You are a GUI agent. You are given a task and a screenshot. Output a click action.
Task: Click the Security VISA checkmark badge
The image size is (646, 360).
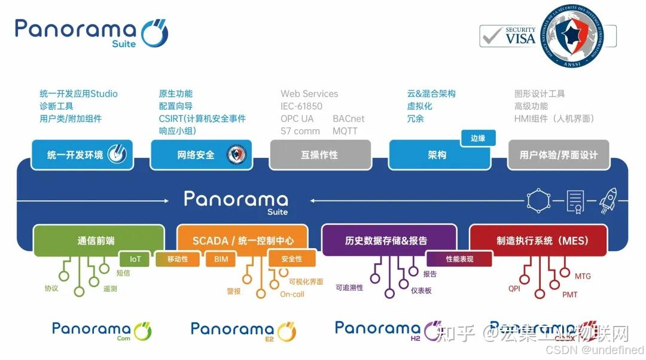509,36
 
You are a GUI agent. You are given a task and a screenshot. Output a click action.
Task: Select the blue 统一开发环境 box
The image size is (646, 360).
81,154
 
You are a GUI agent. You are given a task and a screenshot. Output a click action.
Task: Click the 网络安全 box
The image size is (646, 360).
201,154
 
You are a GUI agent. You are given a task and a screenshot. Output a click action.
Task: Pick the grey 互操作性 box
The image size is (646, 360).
320,154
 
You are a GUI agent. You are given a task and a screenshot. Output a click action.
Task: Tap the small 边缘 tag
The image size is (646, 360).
478,138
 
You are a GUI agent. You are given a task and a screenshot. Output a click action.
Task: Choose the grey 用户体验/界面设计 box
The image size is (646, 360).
558,154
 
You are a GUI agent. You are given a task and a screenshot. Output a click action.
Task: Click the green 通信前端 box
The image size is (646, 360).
98,240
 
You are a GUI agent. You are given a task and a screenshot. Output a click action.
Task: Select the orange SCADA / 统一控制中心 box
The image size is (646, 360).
242,240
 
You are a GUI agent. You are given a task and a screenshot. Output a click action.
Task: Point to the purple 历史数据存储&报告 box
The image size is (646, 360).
389,240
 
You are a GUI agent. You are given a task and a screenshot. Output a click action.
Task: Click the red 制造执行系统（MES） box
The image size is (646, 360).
538,240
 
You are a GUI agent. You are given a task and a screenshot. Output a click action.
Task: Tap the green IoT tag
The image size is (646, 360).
135,260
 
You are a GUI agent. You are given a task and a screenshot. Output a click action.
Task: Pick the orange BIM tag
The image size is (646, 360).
221,260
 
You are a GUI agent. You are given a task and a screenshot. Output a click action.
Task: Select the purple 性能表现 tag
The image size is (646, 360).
459,259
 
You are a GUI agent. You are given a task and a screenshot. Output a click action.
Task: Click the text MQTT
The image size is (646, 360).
345,131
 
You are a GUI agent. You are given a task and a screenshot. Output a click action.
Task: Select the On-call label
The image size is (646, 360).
292,294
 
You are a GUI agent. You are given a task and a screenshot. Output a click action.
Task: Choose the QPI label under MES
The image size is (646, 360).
514,288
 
